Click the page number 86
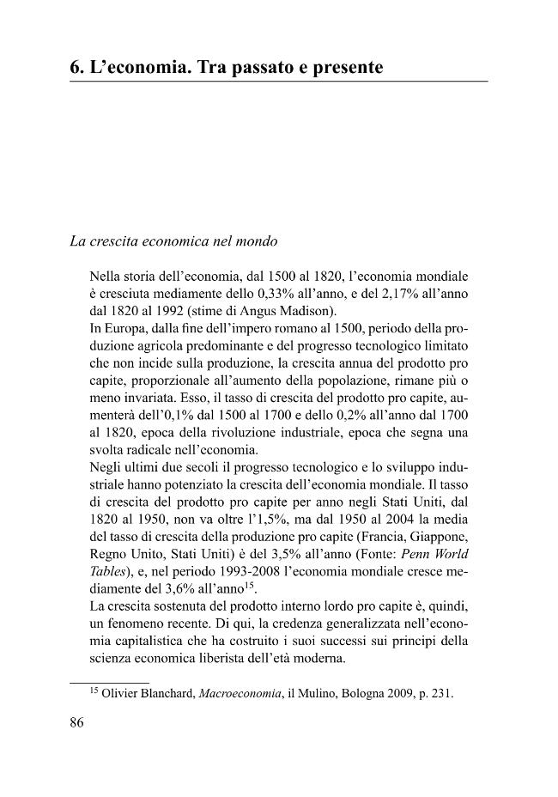click(76, 722)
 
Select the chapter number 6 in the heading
click(75, 66)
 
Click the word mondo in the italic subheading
click(258, 241)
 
